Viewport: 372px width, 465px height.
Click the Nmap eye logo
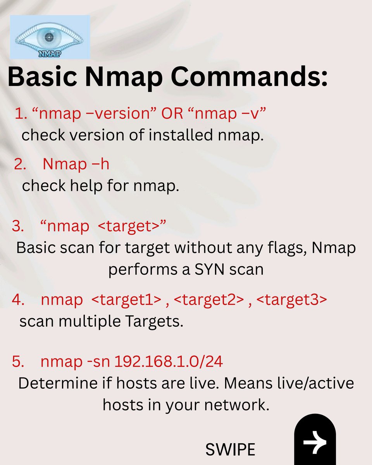[50, 37]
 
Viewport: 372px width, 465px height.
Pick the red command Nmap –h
[76, 164]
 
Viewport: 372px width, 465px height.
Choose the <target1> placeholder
[126, 300]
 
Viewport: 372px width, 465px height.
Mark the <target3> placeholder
[293, 300]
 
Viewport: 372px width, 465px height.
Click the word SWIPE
[230, 449]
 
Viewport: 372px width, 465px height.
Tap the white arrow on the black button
[315, 441]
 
